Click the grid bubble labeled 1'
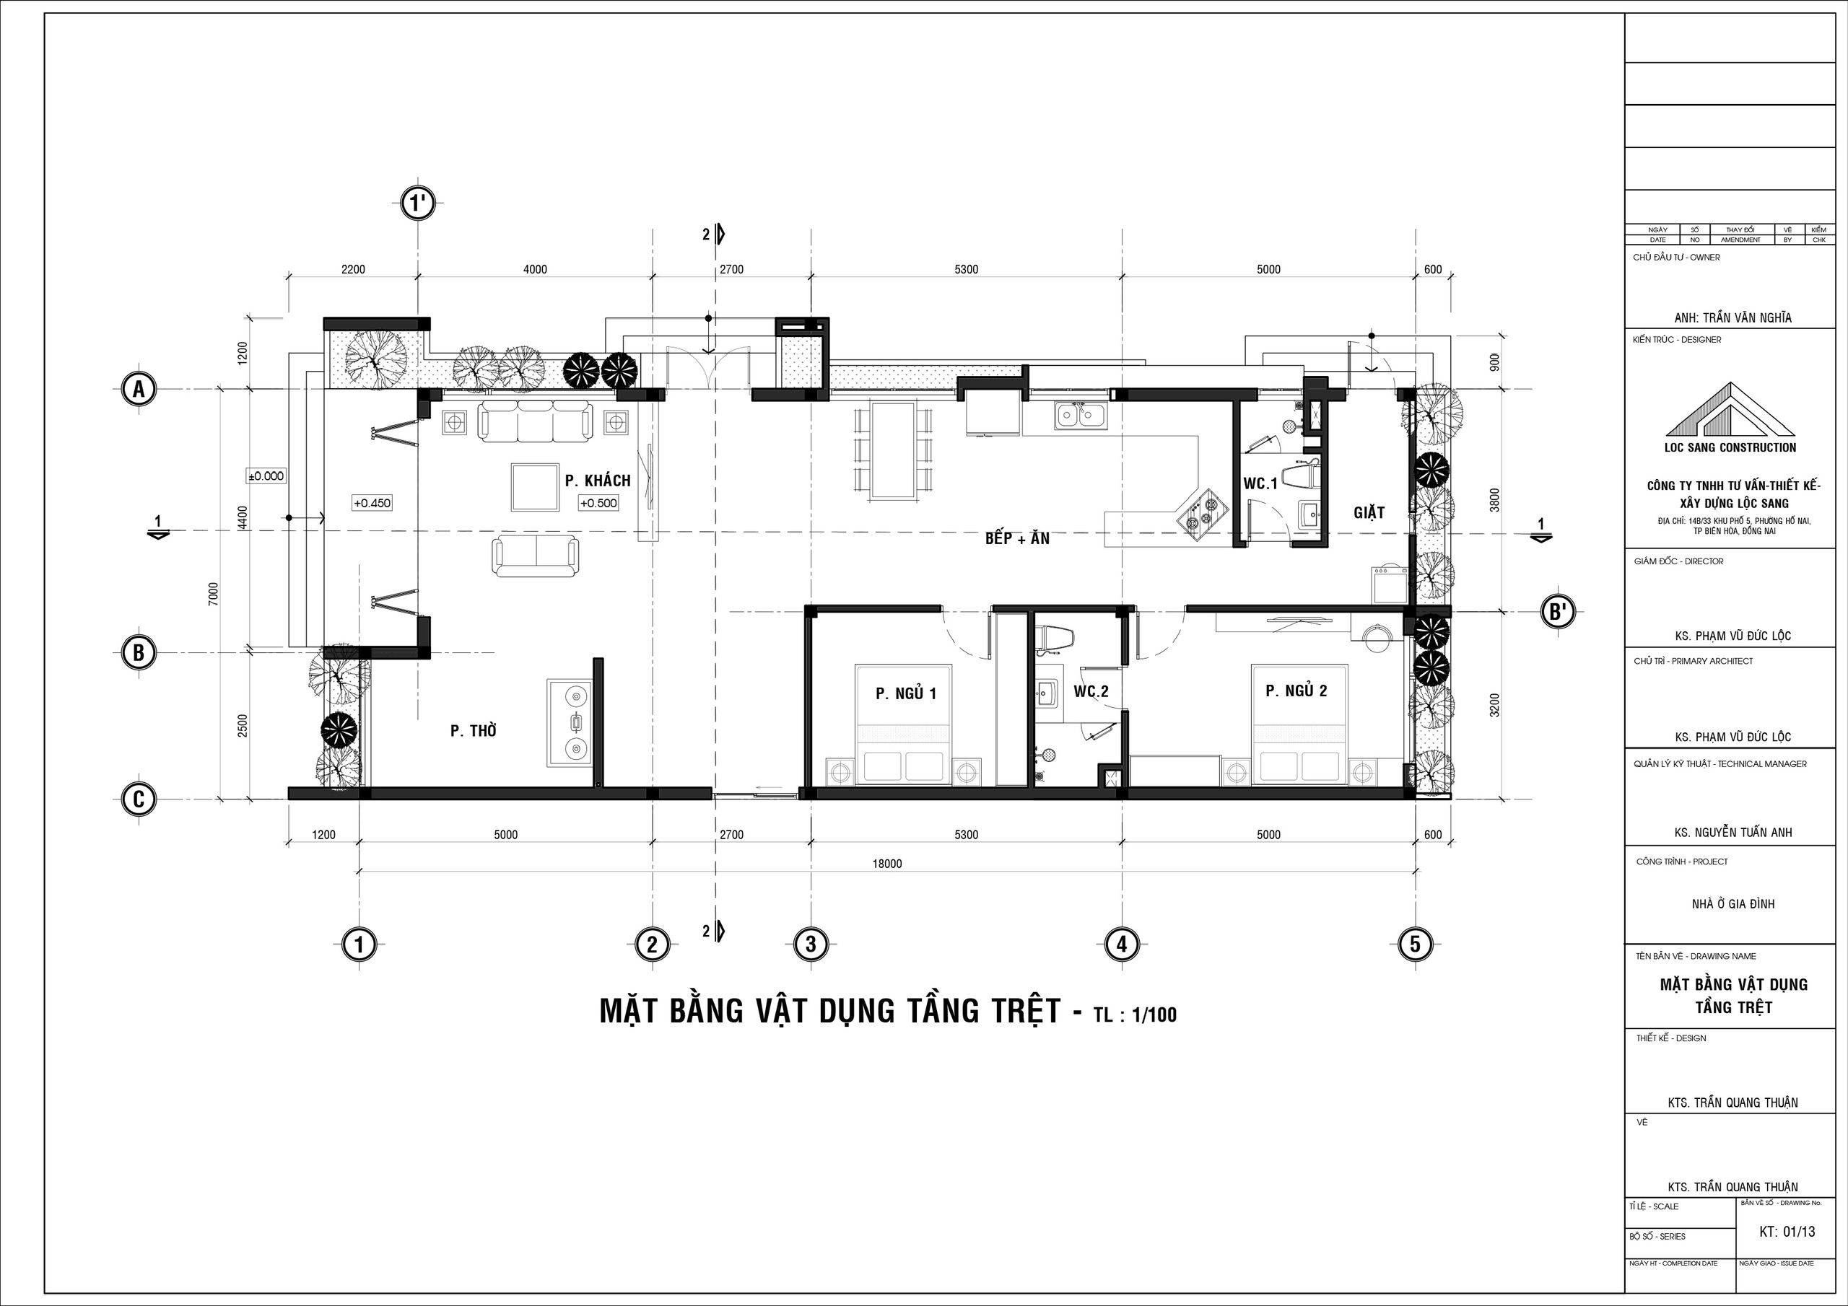point(418,203)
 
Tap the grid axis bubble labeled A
point(139,390)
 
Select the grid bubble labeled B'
point(1556,613)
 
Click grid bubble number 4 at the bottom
point(1121,944)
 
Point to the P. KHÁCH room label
point(597,481)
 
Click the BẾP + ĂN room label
point(1017,538)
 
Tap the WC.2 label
point(1091,691)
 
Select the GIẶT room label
point(1369,512)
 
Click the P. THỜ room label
point(474,730)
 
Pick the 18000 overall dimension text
point(887,864)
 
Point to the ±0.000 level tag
point(266,475)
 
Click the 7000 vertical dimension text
point(212,594)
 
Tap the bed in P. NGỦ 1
point(902,724)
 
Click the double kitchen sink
point(1080,415)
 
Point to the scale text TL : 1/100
point(1135,1014)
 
